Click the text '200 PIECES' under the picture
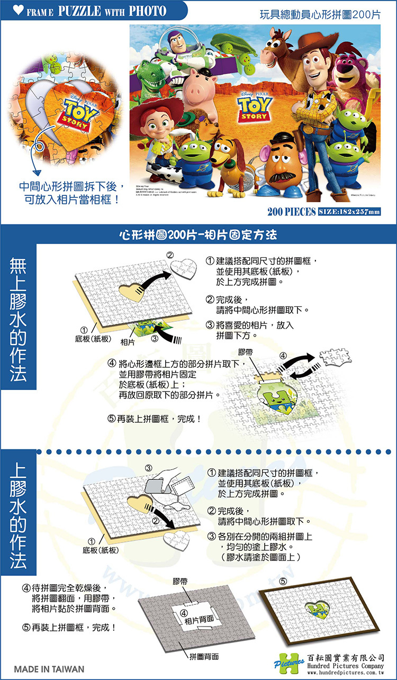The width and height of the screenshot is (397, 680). pyautogui.click(x=291, y=212)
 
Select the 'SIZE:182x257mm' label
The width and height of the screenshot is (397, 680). pyautogui.click(x=349, y=212)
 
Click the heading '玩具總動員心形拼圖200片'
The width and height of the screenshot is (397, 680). pyautogui.click(x=320, y=14)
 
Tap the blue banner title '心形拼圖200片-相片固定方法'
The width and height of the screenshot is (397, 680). pyautogui.click(x=198, y=233)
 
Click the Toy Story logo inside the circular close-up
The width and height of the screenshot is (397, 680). pyautogui.click(x=79, y=108)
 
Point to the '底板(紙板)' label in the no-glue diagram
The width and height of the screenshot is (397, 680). pyautogui.click(x=96, y=337)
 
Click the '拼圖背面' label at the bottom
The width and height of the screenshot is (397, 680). pyautogui.click(x=203, y=657)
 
